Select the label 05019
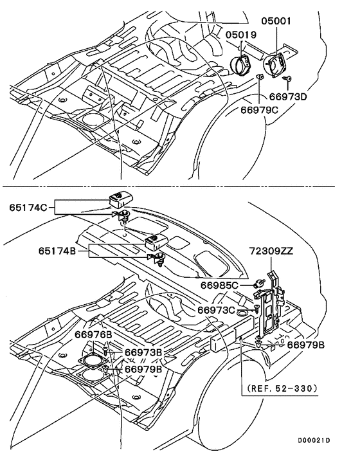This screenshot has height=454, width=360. [240, 35]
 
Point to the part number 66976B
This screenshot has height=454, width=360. [93, 335]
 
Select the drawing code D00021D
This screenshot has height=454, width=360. [314, 440]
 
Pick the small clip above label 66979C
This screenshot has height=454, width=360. [260, 77]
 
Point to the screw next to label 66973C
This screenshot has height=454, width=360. [256, 309]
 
